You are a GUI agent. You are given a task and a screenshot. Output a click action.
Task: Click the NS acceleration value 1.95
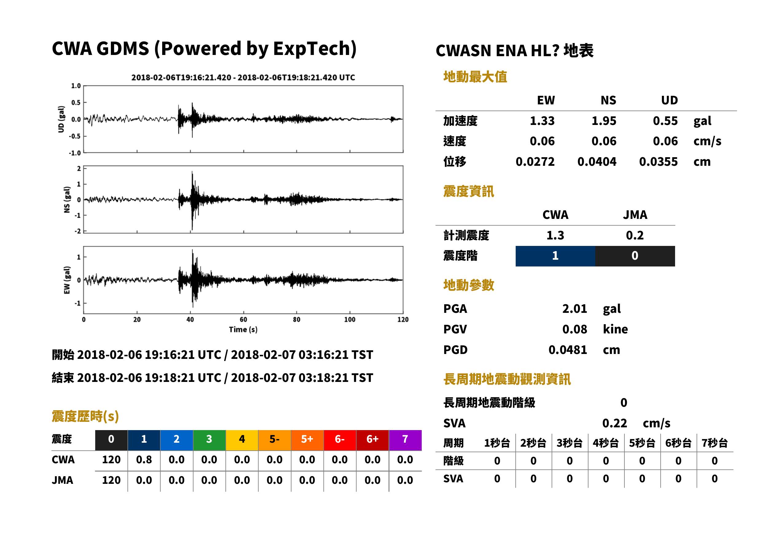tap(604, 121)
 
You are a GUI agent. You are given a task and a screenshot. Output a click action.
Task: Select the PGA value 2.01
tap(574, 309)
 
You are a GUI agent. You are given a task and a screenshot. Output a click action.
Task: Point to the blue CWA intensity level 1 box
tap(555, 256)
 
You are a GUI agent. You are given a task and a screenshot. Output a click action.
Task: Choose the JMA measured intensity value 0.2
tap(635, 235)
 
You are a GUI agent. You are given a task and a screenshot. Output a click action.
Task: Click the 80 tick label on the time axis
tap(297, 320)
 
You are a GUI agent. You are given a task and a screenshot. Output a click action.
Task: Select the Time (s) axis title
tap(243, 330)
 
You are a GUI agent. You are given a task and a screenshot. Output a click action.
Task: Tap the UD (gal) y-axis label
tap(61, 119)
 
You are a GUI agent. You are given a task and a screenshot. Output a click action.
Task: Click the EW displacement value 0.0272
tap(535, 162)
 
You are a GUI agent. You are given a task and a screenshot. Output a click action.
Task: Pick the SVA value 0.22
tap(615, 423)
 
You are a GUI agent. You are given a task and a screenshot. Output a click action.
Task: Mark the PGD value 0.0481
tap(568, 350)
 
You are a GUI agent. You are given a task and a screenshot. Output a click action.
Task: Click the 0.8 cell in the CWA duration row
tap(144, 460)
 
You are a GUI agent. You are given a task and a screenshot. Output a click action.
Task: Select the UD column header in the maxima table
tap(669, 100)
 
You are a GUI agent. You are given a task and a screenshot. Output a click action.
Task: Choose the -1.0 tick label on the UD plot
tap(75, 153)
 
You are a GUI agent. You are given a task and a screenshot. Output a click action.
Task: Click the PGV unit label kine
tap(615, 329)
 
